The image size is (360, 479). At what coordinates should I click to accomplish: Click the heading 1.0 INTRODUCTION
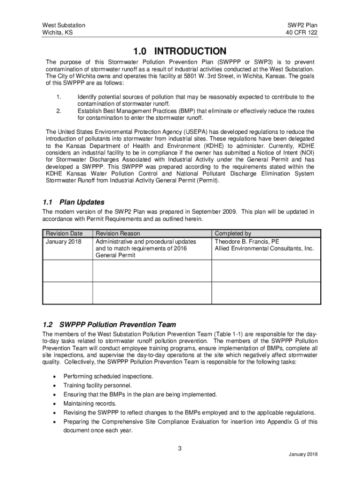pos(180,51)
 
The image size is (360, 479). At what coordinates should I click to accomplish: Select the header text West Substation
pos(64,25)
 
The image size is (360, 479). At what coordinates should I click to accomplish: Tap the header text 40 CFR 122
pos(302,33)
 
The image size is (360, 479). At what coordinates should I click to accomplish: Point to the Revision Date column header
pos(64,233)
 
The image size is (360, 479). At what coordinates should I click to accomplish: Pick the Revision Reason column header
pos(117,233)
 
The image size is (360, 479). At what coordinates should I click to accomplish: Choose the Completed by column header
pos(233,233)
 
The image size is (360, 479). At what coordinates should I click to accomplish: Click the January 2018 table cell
pos(63,241)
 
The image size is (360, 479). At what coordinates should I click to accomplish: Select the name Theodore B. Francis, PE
pos(247,241)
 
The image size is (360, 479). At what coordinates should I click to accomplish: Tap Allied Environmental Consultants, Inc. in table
pos(264,248)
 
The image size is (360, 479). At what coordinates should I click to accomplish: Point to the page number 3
pos(180,449)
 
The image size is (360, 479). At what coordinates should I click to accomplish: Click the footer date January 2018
pos(303,455)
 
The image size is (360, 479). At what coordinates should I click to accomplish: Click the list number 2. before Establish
pos(58,111)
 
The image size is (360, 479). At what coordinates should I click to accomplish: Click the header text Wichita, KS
pos(58,33)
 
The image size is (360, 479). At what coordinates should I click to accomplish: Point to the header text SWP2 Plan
pos(303,25)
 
